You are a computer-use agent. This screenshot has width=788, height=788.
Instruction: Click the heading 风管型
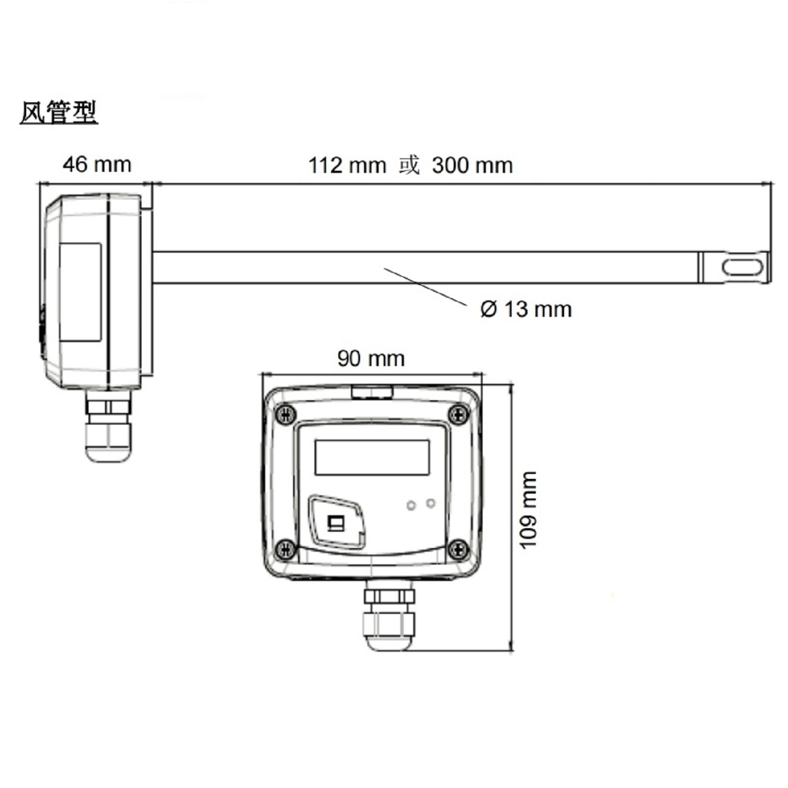(x=59, y=113)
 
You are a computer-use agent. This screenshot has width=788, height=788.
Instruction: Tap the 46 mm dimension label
(x=97, y=165)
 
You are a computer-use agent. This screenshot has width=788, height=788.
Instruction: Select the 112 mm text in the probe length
(x=347, y=165)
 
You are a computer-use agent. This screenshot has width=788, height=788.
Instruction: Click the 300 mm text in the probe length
(x=472, y=165)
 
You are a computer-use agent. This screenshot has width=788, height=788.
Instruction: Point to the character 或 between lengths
(x=408, y=165)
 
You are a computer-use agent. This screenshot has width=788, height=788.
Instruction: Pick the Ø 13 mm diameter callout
(x=526, y=310)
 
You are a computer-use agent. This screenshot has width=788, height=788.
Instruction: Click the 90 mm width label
(x=371, y=359)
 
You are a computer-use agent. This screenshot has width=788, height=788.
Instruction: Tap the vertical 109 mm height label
(x=528, y=509)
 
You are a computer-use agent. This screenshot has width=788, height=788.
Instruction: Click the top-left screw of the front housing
(x=285, y=414)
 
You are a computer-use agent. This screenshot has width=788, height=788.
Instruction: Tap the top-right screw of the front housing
(x=458, y=414)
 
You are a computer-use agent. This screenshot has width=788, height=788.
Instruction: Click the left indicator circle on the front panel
(x=411, y=505)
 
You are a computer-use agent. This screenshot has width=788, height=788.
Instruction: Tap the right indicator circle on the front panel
(x=431, y=503)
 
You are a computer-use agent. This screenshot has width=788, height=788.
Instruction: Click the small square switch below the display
(x=334, y=523)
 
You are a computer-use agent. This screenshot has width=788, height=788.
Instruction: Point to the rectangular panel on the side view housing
(x=80, y=292)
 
